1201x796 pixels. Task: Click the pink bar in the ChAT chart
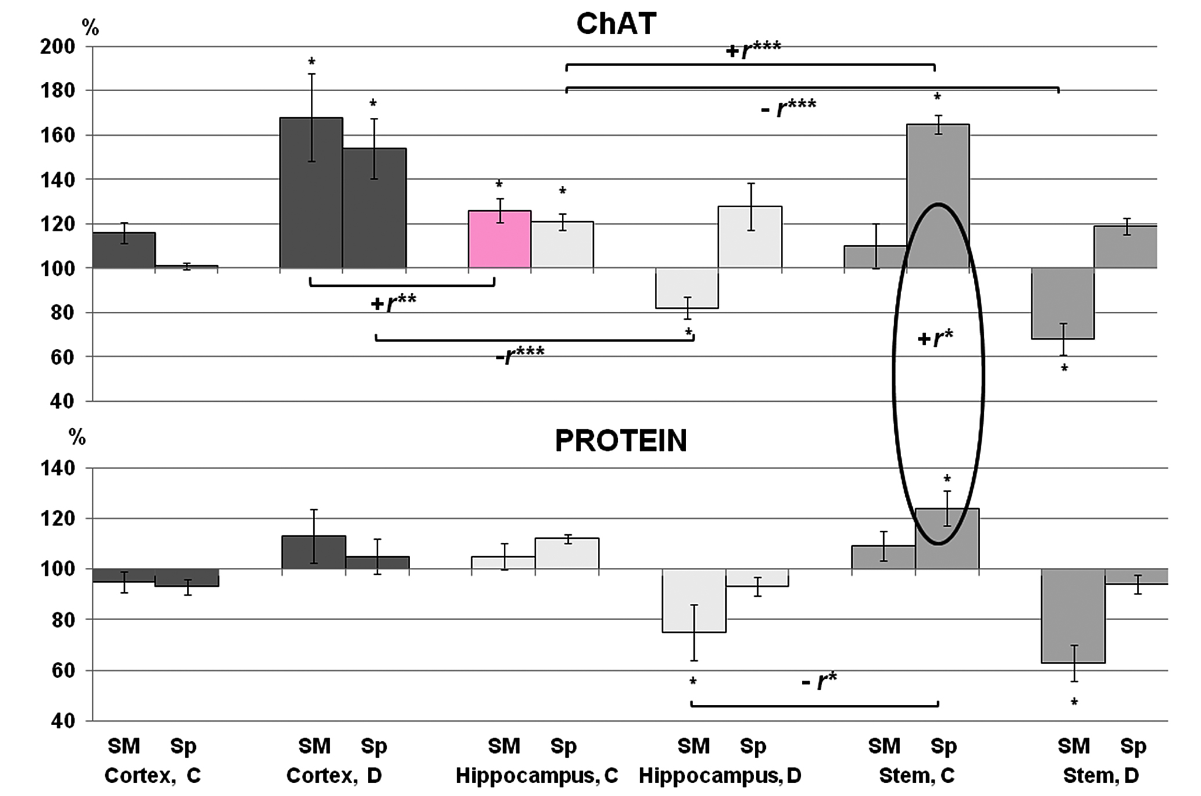pos(499,239)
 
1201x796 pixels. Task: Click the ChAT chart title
pos(616,24)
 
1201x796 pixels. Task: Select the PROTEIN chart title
pos(621,441)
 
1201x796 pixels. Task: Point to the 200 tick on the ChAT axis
pos(58,46)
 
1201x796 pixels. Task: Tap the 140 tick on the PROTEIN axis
pos(58,468)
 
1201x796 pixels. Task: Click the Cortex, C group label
pos(152,776)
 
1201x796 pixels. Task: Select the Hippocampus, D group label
pos(720,776)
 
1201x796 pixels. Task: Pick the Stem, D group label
pos(1100,776)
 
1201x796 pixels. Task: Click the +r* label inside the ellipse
pos(935,338)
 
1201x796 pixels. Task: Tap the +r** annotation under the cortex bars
pos(393,302)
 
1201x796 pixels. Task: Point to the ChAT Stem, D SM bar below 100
pos(1063,303)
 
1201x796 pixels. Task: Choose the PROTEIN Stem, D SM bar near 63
pos(1073,615)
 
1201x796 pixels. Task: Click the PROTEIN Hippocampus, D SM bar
pos(694,600)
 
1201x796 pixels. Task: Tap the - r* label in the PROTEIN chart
pos(819,680)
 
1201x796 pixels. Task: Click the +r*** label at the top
pos(753,50)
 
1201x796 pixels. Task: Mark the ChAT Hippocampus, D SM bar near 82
pos(687,288)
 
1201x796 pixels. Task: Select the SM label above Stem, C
pos(884,746)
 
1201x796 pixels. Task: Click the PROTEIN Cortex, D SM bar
pos(314,552)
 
